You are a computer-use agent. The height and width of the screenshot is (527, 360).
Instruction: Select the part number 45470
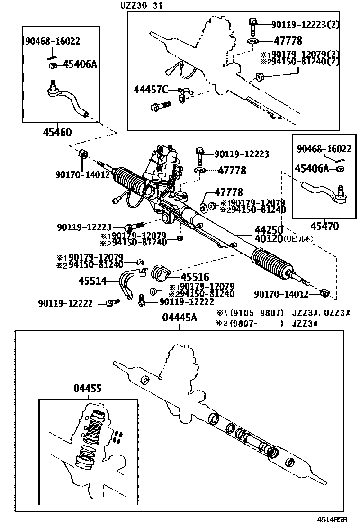click(324, 227)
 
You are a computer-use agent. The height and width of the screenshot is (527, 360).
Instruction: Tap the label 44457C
click(151, 90)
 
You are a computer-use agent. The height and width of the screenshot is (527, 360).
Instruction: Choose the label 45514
click(93, 281)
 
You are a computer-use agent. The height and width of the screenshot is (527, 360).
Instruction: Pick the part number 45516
click(195, 277)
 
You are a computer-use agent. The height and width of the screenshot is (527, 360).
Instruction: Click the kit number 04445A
click(179, 318)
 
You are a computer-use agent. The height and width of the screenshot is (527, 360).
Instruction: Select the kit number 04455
click(87, 389)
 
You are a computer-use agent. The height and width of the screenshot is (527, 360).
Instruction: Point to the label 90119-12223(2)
click(306, 24)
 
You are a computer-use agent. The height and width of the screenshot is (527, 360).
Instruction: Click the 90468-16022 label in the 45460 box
click(52, 41)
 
